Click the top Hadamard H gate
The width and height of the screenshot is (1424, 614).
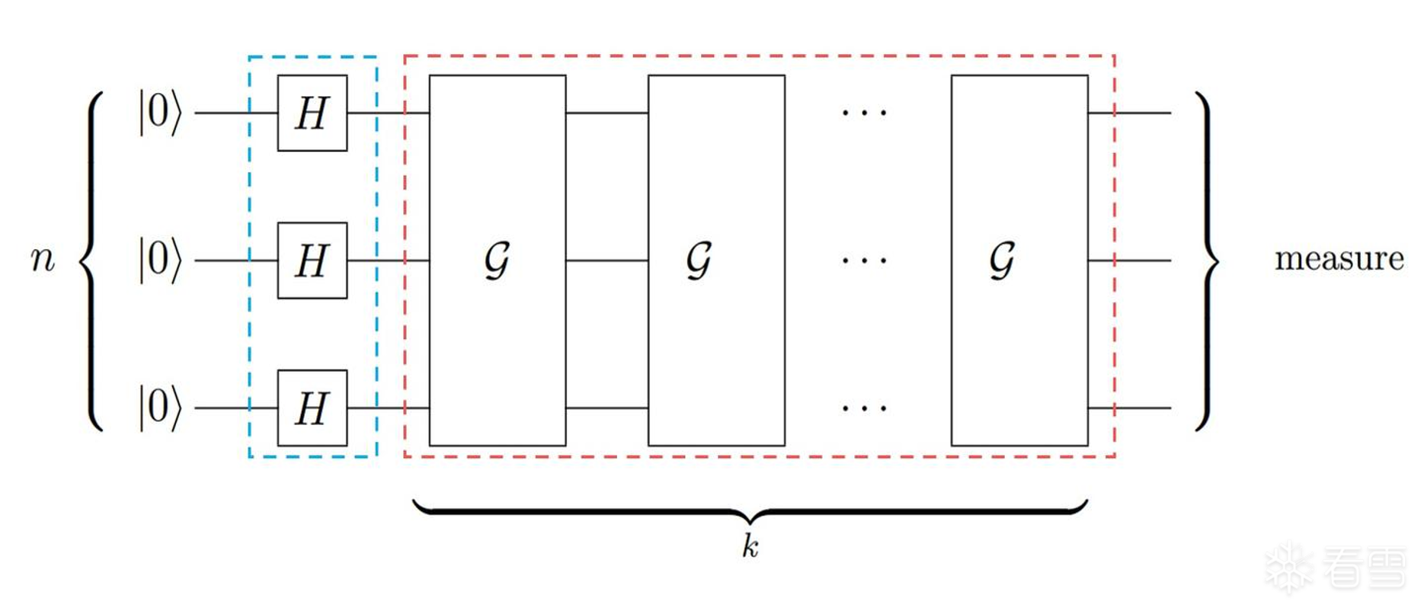pyautogui.click(x=312, y=113)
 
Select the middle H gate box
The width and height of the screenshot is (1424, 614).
pyautogui.click(x=312, y=261)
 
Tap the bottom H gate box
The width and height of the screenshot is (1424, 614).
pyautogui.click(x=312, y=408)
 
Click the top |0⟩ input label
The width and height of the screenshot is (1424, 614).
pyautogui.click(x=160, y=113)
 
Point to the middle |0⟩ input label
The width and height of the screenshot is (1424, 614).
pyautogui.click(x=160, y=261)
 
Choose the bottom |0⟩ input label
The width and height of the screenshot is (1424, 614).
pyautogui.click(x=160, y=408)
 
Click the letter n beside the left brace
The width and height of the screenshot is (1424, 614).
pyautogui.click(x=43, y=259)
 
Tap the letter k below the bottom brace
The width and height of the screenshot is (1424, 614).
pyautogui.click(x=750, y=546)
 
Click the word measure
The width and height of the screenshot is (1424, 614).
pyautogui.click(x=1339, y=259)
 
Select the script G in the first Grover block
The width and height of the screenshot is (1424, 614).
pyautogui.click(x=497, y=261)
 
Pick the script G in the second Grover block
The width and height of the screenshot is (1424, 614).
pyautogui.click(x=699, y=261)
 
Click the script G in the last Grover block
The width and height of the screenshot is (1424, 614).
pyautogui.click(x=1002, y=261)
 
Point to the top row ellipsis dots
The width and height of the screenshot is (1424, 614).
pyautogui.click(x=864, y=113)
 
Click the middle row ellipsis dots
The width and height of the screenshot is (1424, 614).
pyautogui.click(x=864, y=261)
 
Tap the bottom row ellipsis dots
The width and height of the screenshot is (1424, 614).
pyautogui.click(x=864, y=408)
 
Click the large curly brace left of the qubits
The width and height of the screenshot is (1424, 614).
pyautogui.click(x=90, y=261)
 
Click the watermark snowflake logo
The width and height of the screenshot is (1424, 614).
pyautogui.click(x=1289, y=568)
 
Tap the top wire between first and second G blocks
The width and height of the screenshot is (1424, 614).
pyautogui.click(x=607, y=113)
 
